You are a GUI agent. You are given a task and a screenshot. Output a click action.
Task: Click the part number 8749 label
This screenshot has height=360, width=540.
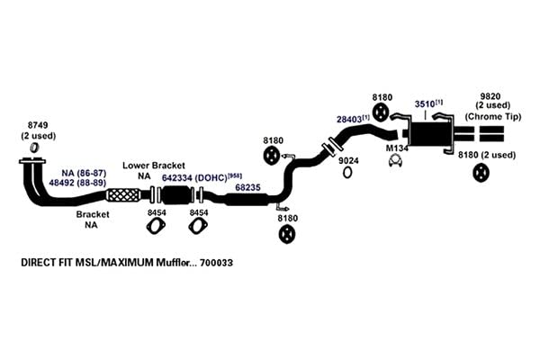click(38, 125)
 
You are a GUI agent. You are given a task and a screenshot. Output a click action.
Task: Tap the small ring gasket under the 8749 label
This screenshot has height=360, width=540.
click(34, 148)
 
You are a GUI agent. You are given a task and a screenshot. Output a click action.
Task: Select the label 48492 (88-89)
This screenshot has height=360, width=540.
click(77, 183)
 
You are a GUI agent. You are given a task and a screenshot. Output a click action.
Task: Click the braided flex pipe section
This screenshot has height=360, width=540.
click(123, 195)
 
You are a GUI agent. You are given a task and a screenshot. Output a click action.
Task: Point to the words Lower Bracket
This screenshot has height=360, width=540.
click(154, 166)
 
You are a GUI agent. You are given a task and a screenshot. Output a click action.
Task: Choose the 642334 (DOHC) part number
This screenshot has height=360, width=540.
click(194, 178)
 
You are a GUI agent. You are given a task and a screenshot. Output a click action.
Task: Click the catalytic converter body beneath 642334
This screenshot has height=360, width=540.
click(176, 195)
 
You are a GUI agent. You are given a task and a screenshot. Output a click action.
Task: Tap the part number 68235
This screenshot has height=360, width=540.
click(247, 187)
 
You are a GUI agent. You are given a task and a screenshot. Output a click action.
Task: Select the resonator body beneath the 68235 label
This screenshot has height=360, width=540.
click(247, 200)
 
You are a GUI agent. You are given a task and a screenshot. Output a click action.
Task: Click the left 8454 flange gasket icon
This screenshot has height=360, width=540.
click(156, 226)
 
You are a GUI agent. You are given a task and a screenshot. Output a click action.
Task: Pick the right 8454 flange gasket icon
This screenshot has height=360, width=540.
click(198, 226)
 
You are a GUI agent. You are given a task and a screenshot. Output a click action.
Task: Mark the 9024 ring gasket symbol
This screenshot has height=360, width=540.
click(347, 172)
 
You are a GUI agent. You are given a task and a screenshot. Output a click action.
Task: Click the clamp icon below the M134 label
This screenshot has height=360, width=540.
click(395, 160)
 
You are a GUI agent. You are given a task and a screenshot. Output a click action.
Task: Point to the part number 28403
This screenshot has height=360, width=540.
click(349, 119)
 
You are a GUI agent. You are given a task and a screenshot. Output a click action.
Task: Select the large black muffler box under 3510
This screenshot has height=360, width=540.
click(430, 133)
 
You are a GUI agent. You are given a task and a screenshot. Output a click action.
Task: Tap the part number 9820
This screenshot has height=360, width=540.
click(490, 96)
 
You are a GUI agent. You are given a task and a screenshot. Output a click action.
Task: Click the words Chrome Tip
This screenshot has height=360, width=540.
click(493, 116)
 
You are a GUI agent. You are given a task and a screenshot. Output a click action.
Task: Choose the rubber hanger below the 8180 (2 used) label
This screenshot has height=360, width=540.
click(481, 173)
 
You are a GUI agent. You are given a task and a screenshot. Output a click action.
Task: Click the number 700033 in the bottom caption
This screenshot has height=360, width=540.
click(217, 263)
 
